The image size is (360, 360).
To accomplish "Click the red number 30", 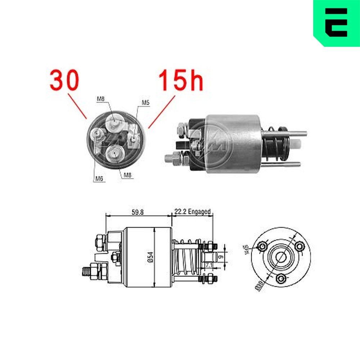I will pyautogui.click(x=64, y=80).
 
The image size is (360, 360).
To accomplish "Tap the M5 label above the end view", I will pyautogui.click(x=145, y=103).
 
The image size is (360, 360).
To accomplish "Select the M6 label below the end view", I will pyautogui.click(x=100, y=178).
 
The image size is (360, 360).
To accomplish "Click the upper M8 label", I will pyautogui.click(x=101, y=99).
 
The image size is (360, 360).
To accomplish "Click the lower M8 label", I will pyautogui.click(x=128, y=175).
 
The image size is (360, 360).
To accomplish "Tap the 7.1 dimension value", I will pyautogui.click(x=209, y=265).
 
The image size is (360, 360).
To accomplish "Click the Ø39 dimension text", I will pyautogui.click(x=258, y=286).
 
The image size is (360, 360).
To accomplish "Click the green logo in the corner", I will pyautogui.click(x=336, y=22).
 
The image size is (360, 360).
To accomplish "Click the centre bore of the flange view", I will pyautogui.click(x=281, y=257).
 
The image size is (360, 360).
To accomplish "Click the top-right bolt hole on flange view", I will pyautogui.click(x=299, y=246).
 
